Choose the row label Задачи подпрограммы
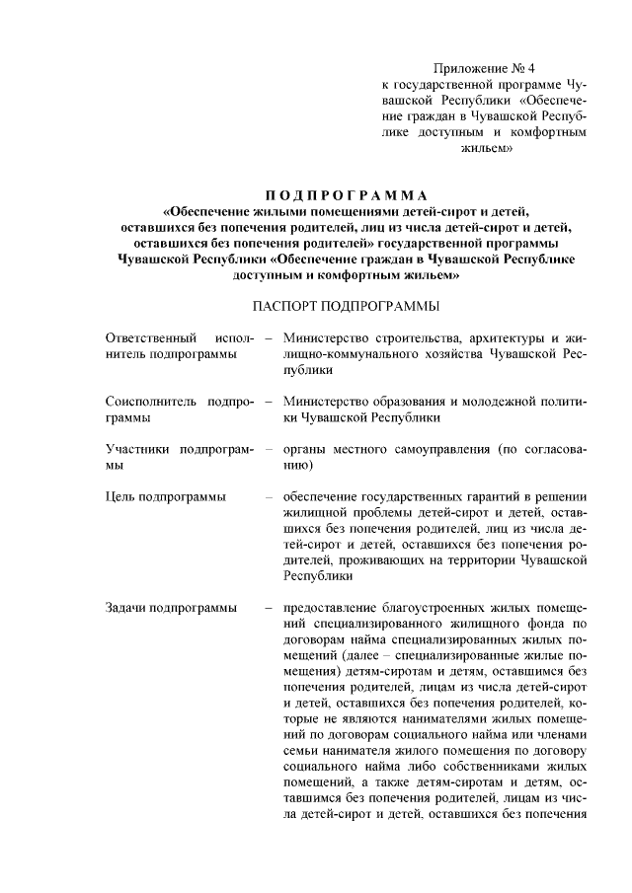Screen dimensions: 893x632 [170, 607]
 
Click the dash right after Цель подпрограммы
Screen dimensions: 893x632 [269, 495]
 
